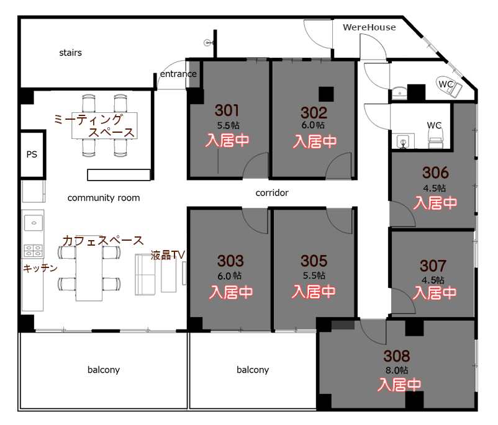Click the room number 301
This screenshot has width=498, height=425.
click(227, 110)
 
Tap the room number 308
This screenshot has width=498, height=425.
click(397, 356)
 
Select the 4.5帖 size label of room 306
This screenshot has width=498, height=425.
click(434, 188)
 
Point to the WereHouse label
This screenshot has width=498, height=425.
click(369, 27)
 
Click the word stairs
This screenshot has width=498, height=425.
click(71, 52)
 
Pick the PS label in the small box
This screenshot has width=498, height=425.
click(32, 154)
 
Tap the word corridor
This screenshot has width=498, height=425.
click(272, 193)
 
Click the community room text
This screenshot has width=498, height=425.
click(104, 198)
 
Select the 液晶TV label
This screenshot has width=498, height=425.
click(168, 255)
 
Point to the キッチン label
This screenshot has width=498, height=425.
click(40, 268)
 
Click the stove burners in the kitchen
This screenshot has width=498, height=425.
click(33, 251)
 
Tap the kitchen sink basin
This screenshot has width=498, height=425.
click(34, 223)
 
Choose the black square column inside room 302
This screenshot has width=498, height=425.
click(326, 94)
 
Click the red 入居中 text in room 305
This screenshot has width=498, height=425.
click(314, 292)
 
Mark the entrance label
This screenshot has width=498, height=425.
click(178, 74)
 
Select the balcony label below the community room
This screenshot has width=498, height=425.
click(104, 370)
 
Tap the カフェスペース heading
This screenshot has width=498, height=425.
click(103, 241)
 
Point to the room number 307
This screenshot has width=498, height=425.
click(433, 266)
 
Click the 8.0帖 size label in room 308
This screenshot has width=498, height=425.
click(397, 370)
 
